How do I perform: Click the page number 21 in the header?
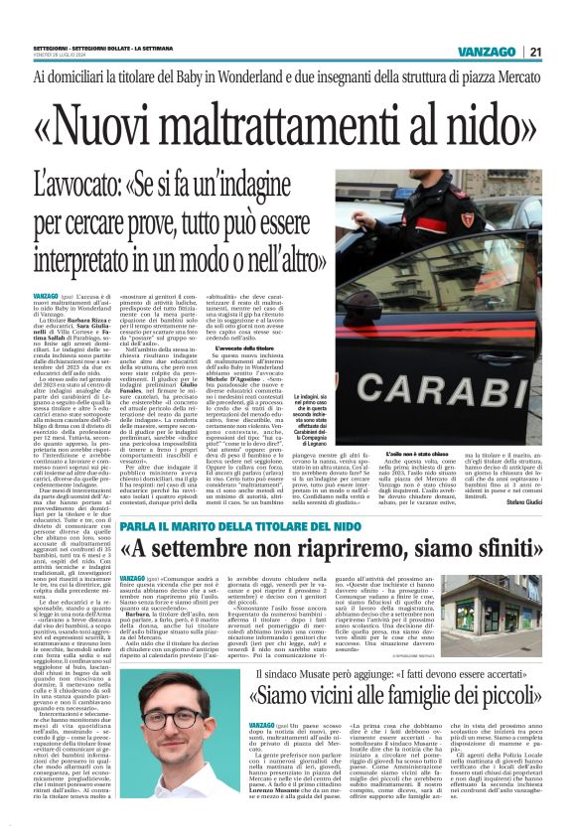[562, 52]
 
